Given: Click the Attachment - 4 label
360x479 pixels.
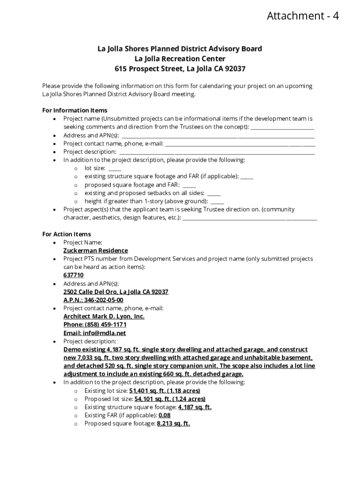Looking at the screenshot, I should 302,16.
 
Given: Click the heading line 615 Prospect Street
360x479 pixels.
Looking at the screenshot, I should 180,69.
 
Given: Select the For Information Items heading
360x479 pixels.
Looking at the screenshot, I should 75,110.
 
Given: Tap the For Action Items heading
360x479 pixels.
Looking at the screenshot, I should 66,234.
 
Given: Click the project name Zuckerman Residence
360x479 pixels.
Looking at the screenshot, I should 95,251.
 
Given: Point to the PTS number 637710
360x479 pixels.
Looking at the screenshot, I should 73,275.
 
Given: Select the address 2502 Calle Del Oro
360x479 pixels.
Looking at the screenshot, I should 116,292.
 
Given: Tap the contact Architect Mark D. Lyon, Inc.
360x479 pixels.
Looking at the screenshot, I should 104,317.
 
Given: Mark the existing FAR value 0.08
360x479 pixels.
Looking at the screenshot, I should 165,415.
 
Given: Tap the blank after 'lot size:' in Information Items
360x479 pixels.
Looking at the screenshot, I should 115,169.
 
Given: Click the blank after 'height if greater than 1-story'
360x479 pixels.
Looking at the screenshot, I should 217,202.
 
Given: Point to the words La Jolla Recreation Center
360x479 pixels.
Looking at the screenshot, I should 180,59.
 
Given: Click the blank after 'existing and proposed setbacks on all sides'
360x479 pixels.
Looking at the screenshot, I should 214,194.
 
